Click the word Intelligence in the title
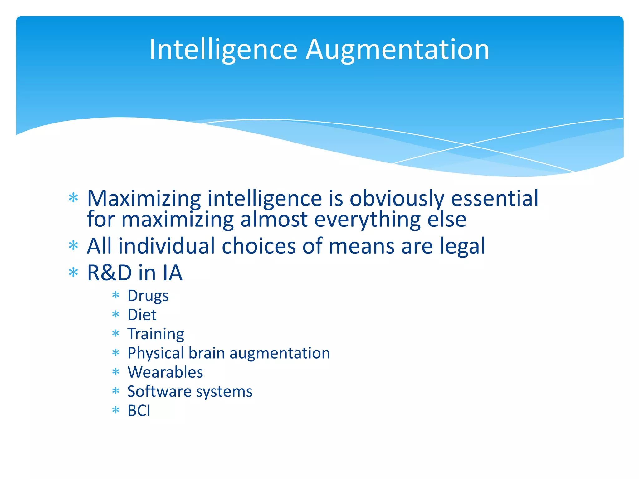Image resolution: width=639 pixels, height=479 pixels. tap(223, 50)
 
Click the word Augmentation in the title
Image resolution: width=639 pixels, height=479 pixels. tap(397, 50)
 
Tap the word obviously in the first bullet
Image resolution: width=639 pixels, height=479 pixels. tap(397, 199)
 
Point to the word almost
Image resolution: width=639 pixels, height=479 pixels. tap(274, 219)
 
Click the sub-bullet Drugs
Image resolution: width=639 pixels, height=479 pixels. tap(148, 296)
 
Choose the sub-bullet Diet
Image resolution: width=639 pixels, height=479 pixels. tap(142, 315)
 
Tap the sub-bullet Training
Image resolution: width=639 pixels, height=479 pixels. tap(156, 334)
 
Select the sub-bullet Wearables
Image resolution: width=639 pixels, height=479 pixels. tap(165, 372)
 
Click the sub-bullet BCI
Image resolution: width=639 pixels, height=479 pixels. tap(139, 411)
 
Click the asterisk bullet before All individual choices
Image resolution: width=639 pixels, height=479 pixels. tap(73, 246)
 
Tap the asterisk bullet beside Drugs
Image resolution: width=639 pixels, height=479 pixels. tap(116, 295)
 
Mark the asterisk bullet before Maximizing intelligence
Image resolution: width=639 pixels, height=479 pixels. tap(73, 198)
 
